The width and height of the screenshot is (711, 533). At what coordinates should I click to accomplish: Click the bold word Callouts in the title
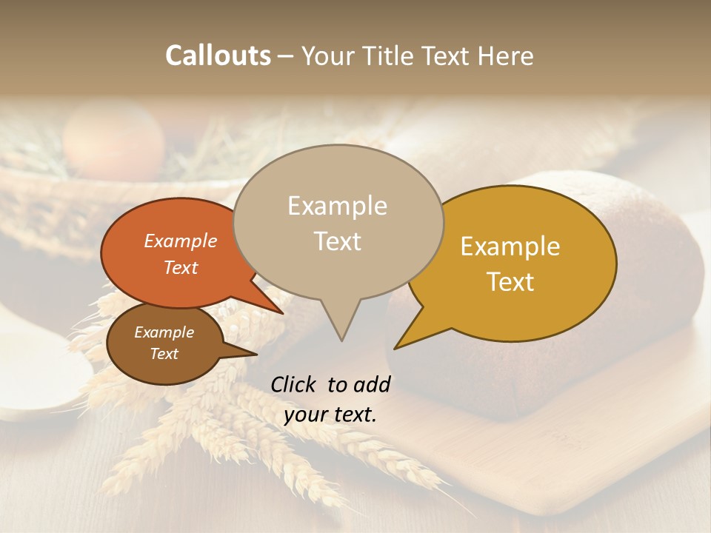(218, 56)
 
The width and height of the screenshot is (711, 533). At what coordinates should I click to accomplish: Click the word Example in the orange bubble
(181, 241)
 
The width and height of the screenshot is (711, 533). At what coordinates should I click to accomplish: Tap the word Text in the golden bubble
(511, 282)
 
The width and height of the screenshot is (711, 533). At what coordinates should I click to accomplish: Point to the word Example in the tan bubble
(338, 206)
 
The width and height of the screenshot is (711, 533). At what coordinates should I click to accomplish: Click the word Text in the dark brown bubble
(164, 354)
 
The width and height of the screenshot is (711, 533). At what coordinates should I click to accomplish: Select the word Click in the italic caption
(294, 384)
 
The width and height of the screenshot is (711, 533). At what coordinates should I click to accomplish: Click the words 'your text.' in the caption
(330, 415)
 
